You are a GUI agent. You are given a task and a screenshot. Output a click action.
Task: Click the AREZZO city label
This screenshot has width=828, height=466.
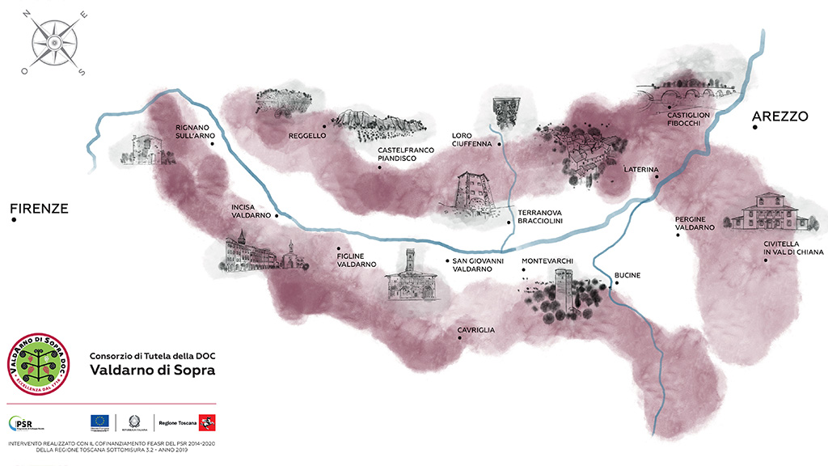coord(780,116)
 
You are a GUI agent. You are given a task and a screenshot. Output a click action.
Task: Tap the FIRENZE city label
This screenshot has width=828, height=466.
coord(39,209)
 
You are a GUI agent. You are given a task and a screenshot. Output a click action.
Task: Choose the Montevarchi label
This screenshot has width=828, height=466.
coord(547,261)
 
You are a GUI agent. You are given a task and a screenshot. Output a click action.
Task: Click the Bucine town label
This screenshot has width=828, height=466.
coord(627,276)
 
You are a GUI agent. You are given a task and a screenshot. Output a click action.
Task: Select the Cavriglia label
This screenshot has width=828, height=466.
coord(475,330)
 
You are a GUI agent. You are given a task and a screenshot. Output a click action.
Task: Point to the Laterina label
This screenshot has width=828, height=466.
coord(641,170)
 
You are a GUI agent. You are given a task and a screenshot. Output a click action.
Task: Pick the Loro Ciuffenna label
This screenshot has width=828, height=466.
coord(471,140)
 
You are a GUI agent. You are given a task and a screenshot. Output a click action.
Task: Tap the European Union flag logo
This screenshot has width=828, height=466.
coord(100,422)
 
